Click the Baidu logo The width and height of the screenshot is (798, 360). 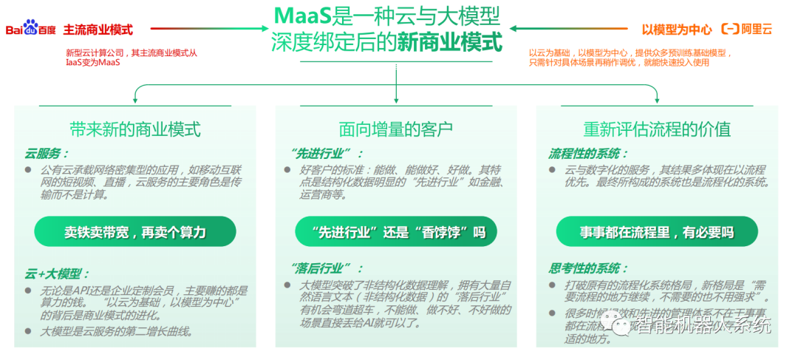click(31, 30)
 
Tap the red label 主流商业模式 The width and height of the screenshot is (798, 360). click(98, 30)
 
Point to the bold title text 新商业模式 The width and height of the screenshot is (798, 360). click(449, 41)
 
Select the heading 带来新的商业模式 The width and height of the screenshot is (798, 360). click(134, 129)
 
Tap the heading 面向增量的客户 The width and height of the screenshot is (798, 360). click(396, 129)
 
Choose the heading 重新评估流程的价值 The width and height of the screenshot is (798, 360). click(657, 129)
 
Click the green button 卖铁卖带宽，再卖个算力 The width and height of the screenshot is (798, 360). click(134, 232)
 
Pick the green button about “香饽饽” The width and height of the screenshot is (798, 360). click(396, 232)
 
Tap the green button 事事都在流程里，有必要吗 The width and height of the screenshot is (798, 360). click(657, 232)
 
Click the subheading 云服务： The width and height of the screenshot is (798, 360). click(47, 154)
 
